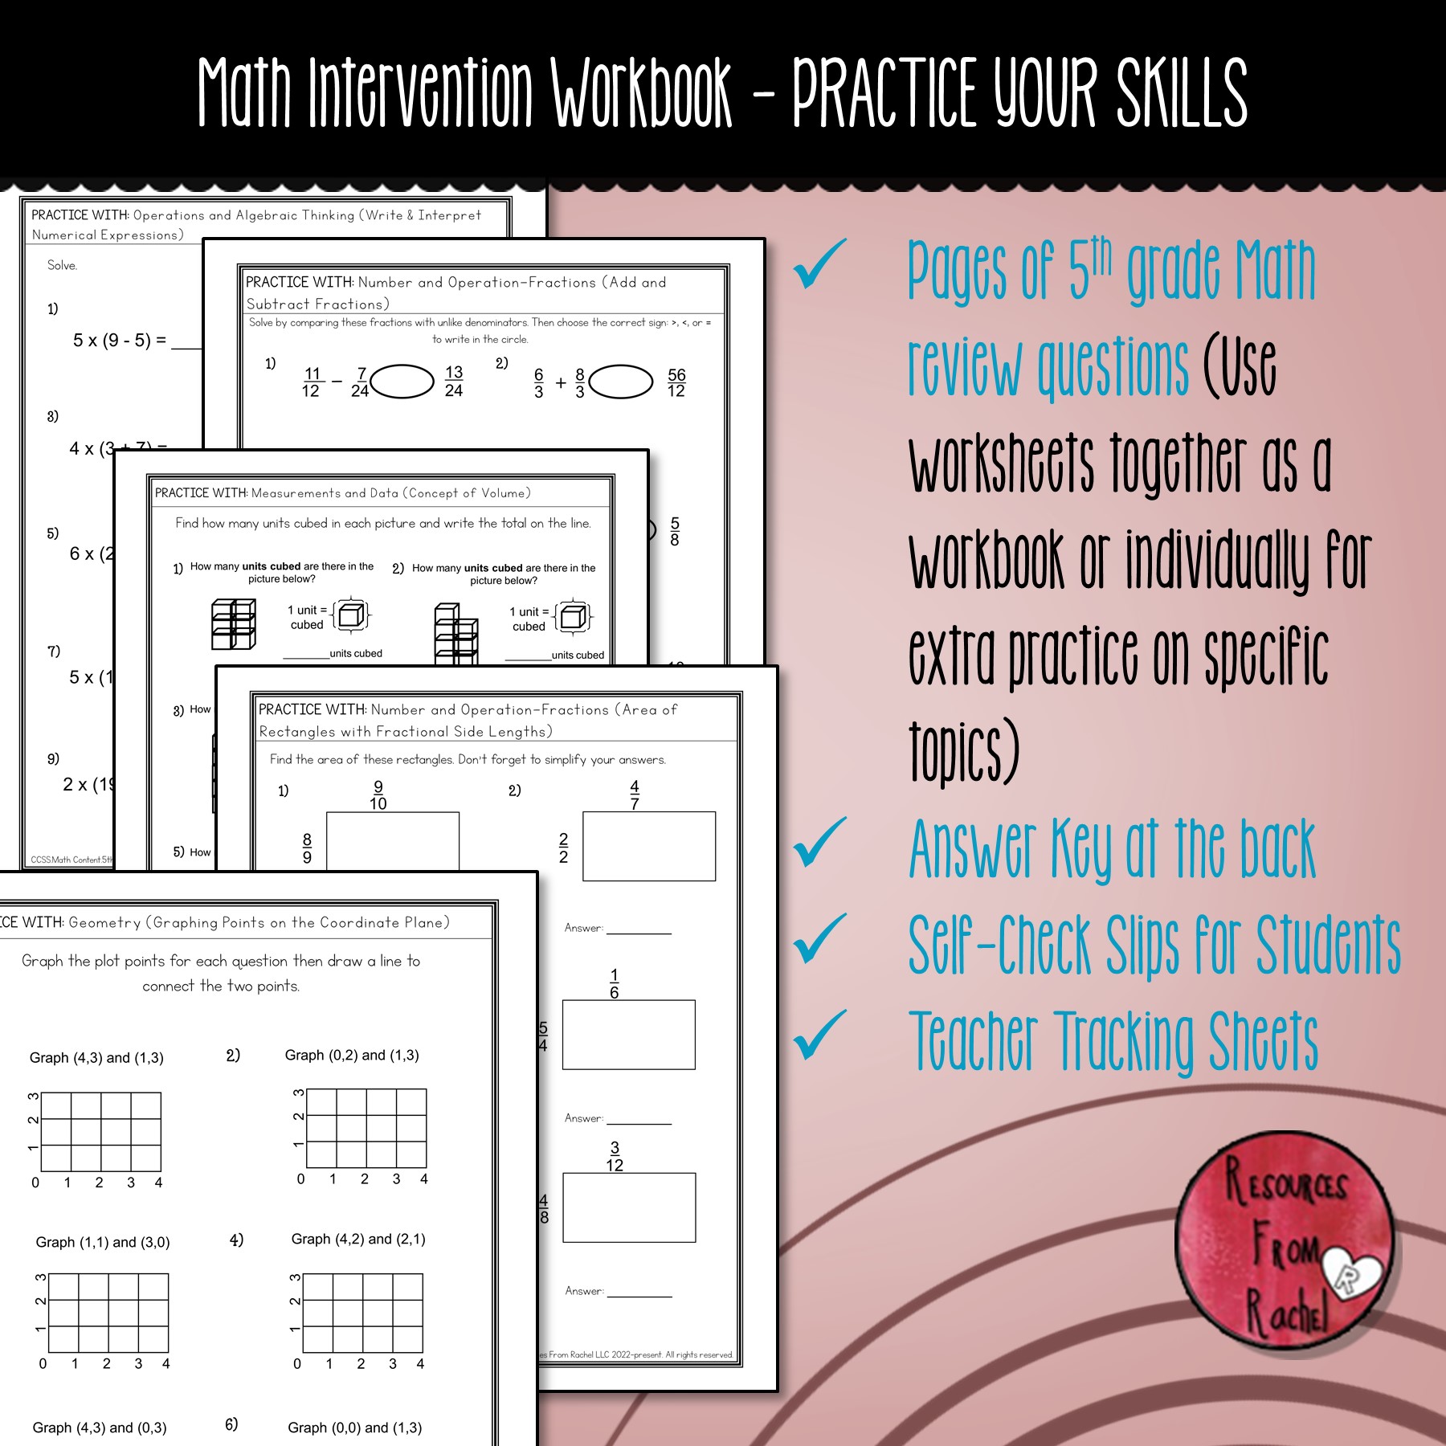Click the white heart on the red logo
[1352, 1273]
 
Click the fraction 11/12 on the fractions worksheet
[312, 382]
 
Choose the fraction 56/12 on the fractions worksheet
[676, 382]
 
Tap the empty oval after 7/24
[402, 382]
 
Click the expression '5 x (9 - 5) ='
[120, 341]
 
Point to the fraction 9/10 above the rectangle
[378, 795]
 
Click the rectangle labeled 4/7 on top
[649, 846]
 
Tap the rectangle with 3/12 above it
[629, 1207]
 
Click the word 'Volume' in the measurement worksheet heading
[504, 493]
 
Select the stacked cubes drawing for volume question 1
[233, 624]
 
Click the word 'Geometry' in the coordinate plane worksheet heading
[104, 922]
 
